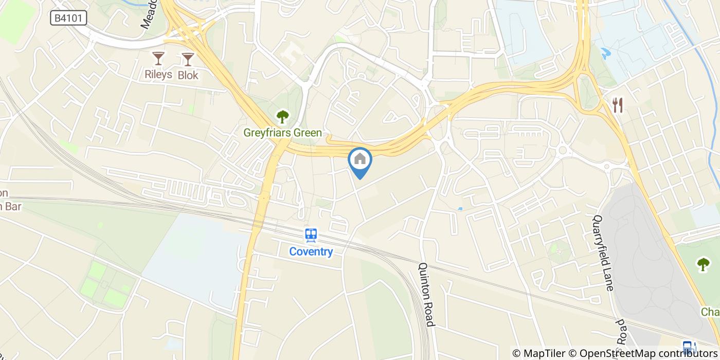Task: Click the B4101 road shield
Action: (68, 19)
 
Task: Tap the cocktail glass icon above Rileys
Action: (158, 59)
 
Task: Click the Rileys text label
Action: (158, 75)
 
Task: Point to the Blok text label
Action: (188, 75)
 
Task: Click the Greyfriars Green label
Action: (282, 133)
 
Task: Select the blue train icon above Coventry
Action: (311, 236)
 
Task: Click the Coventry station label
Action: (311, 252)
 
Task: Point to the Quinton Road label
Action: (426, 295)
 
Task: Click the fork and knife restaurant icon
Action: (618, 105)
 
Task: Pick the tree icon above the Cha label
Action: (703, 264)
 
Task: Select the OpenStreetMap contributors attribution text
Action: (649, 353)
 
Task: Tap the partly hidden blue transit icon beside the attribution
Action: (688, 346)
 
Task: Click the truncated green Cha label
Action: (710, 312)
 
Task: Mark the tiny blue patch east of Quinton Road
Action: (460, 209)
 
